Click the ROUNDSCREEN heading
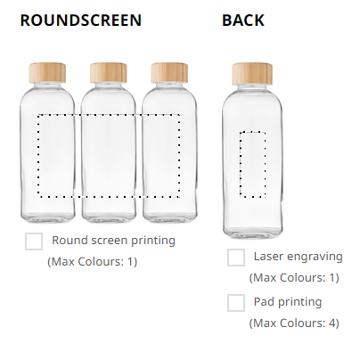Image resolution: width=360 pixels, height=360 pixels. click(x=81, y=20)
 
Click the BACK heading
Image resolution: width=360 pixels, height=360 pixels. click(x=243, y=20)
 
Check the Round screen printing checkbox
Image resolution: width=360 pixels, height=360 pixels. click(x=34, y=241)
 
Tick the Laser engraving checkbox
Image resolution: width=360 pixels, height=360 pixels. click(x=236, y=258)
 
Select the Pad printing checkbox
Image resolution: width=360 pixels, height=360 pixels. click(x=236, y=303)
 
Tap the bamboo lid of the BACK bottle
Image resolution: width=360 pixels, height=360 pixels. click(x=252, y=73)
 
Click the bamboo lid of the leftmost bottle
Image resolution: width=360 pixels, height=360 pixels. click(x=47, y=72)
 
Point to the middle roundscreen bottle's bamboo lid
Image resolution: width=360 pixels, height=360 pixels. click(x=109, y=72)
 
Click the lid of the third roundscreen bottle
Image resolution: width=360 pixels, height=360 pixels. click(x=169, y=72)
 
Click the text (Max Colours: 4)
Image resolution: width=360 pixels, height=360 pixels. click(x=294, y=323)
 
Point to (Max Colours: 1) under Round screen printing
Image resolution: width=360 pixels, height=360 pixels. click(x=92, y=262)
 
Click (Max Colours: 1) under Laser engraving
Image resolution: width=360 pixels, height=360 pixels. click(x=294, y=278)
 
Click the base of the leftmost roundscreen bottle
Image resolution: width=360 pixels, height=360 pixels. click(x=48, y=217)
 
